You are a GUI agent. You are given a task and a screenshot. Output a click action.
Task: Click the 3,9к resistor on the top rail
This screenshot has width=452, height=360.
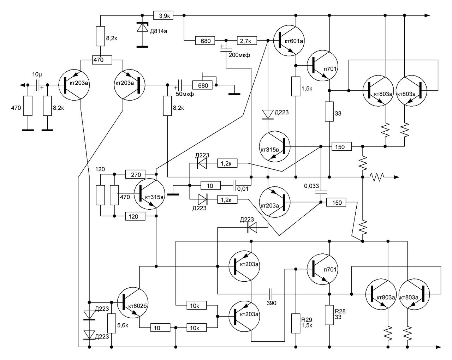163,15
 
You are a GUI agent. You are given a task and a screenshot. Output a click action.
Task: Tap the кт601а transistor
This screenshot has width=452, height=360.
289,41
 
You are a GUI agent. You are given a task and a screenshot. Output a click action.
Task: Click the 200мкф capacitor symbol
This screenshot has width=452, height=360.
226,50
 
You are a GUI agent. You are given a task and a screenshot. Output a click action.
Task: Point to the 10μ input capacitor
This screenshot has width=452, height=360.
37,85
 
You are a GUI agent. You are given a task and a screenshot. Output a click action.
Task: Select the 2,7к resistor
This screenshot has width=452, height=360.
247,41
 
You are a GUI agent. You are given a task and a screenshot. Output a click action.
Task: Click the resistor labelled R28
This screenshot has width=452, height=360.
329,315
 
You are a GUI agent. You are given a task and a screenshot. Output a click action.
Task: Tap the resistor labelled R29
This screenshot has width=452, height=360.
296,323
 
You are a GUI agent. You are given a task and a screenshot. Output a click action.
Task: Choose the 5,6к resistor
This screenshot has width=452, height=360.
112,323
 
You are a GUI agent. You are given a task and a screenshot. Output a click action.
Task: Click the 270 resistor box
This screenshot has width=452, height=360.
135,174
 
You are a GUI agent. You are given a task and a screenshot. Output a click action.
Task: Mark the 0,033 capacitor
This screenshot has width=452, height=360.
321,193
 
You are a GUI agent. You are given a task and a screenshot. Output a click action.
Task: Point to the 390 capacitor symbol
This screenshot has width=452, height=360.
270,294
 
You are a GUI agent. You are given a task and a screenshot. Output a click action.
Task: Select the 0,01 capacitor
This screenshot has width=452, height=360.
234,186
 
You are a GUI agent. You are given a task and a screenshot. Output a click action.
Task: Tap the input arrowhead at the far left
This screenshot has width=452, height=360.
22,85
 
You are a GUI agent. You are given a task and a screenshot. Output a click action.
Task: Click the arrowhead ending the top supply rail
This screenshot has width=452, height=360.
427,15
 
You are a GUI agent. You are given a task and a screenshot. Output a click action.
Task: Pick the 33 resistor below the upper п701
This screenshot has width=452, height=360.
329,112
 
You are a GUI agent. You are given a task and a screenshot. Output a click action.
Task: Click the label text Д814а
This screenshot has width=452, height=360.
158,31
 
